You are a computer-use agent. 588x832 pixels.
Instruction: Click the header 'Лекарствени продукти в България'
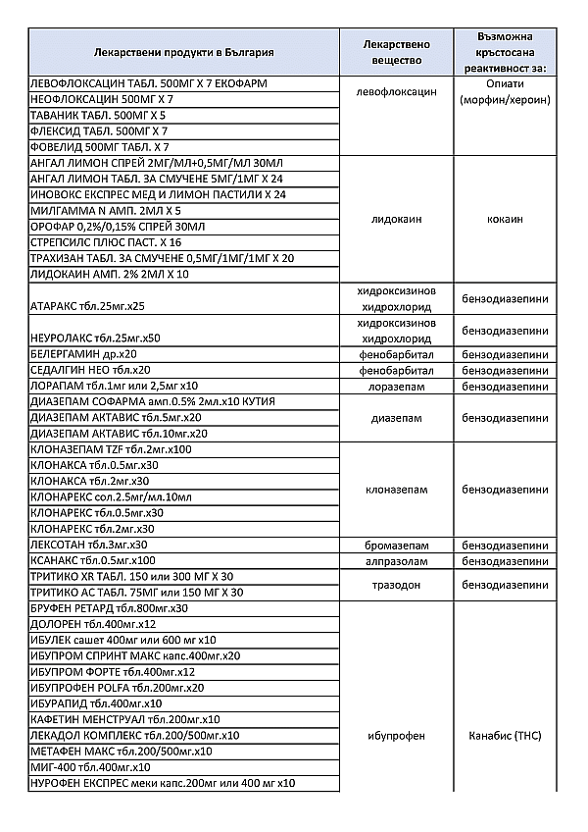click(183, 52)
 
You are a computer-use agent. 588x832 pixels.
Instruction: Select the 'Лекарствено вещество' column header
click(396, 52)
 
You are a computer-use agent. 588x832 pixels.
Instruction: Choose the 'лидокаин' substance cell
click(396, 219)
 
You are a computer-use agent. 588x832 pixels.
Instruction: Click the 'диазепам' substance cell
click(396, 417)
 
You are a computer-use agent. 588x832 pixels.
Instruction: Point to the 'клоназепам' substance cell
click(396, 489)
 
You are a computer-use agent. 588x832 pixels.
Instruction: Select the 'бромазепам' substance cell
click(396, 545)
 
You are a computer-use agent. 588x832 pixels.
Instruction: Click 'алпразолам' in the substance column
click(396, 560)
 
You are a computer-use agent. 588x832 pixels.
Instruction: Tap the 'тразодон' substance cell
click(396, 583)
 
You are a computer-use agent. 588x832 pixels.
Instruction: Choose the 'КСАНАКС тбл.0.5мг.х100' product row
click(101, 560)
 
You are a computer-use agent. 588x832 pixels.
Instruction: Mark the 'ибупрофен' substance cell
click(396, 735)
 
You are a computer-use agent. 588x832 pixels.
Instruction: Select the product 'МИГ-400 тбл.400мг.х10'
click(91, 767)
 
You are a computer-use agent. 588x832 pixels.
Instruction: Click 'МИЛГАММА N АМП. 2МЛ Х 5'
click(106, 210)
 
